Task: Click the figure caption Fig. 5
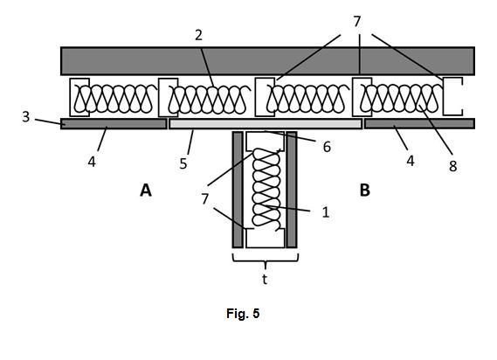pyautogui.click(x=243, y=314)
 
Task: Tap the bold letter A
pyautogui.click(x=146, y=190)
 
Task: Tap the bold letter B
pyautogui.click(x=365, y=190)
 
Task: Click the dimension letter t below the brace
pyautogui.click(x=265, y=279)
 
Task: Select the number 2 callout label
pyautogui.click(x=199, y=35)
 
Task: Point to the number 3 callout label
pyautogui.click(x=26, y=117)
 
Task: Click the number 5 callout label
pyautogui.click(x=183, y=163)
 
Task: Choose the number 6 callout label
pyautogui.click(x=327, y=147)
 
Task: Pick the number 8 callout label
pyautogui.click(x=453, y=166)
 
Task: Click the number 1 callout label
pyautogui.click(x=326, y=212)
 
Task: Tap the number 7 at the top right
pyautogui.click(x=357, y=22)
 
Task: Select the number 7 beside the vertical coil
pyautogui.click(x=205, y=199)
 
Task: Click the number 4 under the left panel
pyautogui.click(x=92, y=162)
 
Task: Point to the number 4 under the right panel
pyautogui.click(x=411, y=161)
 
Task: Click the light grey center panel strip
pyautogui.click(x=266, y=124)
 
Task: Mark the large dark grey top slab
pyautogui.click(x=267, y=61)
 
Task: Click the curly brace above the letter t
pyautogui.click(x=266, y=260)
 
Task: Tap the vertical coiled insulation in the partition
pyautogui.click(x=266, y=188)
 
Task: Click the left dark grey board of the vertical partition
pyautogui.click(x=238, y=190)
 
